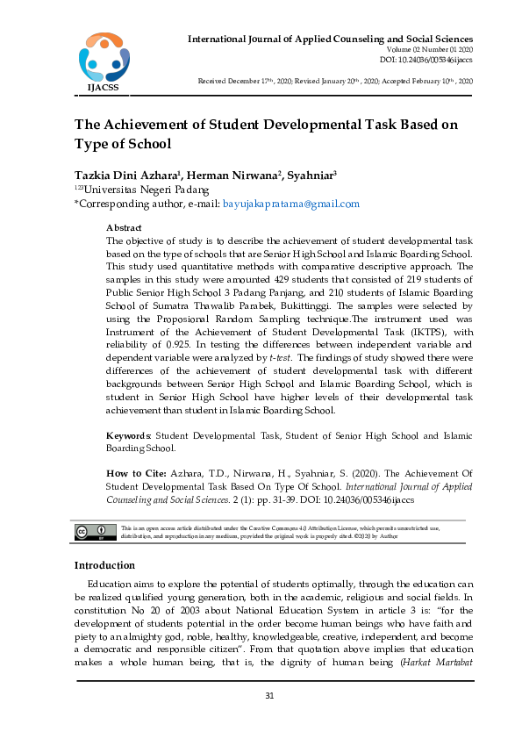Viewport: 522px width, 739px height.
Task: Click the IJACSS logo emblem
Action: point(104,57)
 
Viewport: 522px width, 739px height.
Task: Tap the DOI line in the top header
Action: point(426,60)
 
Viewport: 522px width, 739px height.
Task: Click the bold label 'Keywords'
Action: point(128,435)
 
